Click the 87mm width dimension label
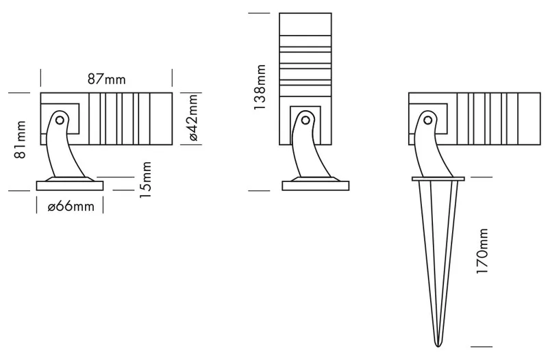[106, 79]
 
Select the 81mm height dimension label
[20, 140]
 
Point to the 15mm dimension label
[145, 180]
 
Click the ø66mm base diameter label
[71, 207]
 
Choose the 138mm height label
[260, 87]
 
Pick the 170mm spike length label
[482, 251]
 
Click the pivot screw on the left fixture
[60, 120]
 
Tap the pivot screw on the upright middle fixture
[306, 120]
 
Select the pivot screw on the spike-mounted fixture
[427, 120]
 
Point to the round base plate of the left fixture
[70, 185]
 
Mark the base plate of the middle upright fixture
[316, 185]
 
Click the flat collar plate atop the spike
[438, 179]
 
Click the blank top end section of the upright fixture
[306, 24]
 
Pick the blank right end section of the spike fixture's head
[529, 118]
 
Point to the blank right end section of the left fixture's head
[161, 118]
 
